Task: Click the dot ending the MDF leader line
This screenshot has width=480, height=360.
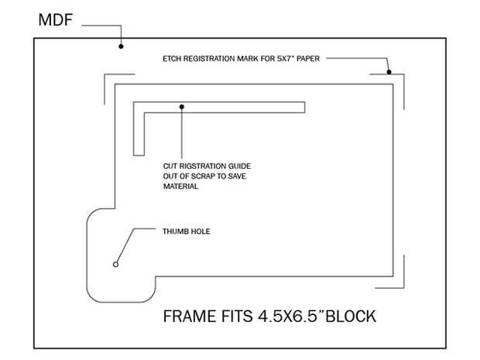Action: pyautogui.click(x=121, y=46)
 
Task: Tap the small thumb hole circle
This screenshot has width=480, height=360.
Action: pyautogui.click(x=115, y=264)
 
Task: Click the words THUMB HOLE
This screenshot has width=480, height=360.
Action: pyautogui.click(x=187, y=231)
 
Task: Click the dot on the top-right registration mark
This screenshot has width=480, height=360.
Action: pyautogui.click(x=389, y=72)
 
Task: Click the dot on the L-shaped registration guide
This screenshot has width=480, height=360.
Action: pyautogui.click(x=182, y=106)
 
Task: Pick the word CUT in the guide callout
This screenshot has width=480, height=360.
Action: pyautogui.click(x=170, y=166)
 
